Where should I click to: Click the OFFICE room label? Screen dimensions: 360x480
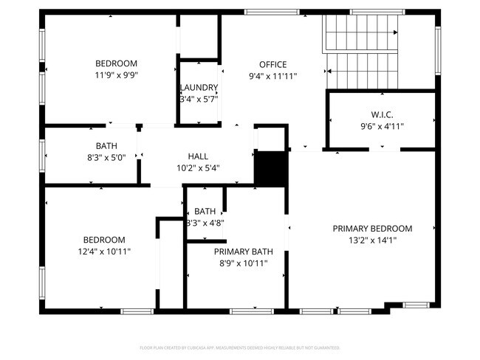[x=272, y=64]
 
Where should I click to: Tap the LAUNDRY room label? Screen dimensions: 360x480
[x=199, y=87]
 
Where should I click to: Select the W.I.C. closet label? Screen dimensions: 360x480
[x=382, y=114]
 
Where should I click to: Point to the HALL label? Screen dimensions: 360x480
[x=198, y=156]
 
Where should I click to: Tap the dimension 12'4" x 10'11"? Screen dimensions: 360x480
[x=103, y=252]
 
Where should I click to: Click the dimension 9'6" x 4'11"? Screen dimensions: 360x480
[x=382, y=125]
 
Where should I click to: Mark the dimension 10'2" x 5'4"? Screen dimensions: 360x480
[x=198, y=167]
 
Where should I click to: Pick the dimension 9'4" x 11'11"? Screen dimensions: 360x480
[x=272, y=75]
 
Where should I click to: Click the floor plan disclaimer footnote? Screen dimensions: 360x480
[x=240, y=347]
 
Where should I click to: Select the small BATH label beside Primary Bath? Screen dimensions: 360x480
[x=205, y=211]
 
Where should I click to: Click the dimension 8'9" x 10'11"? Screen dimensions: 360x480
[x=241, y=263]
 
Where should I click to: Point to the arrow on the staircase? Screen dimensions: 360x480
[x=395, y=32]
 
